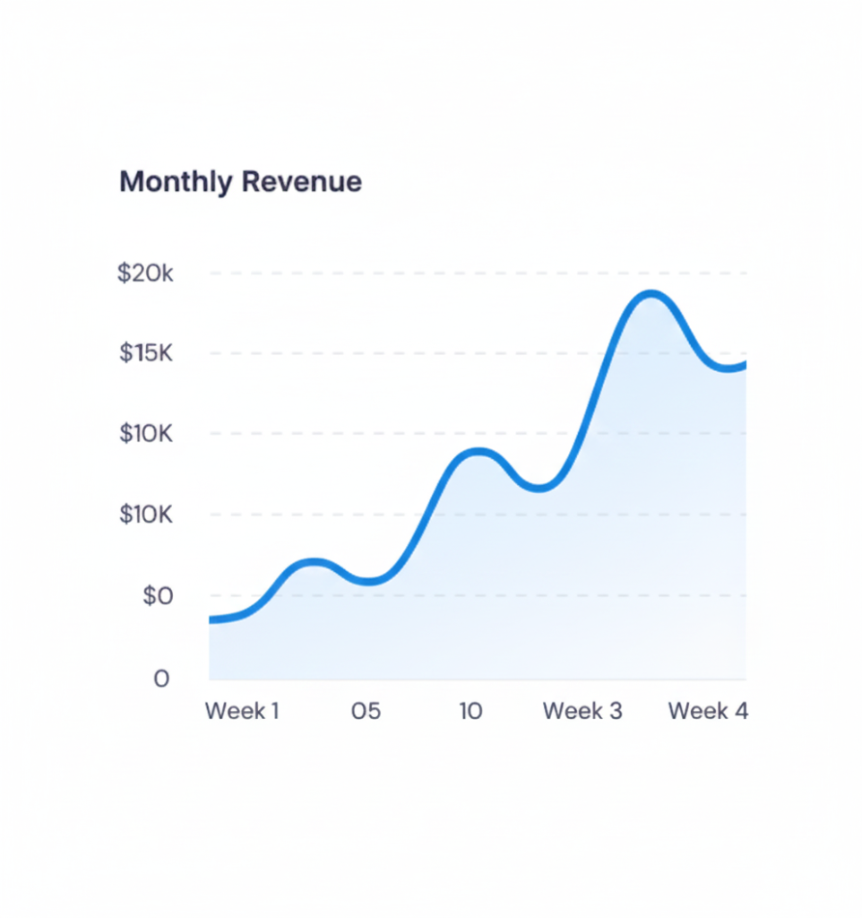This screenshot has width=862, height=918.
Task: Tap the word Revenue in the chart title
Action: coord(302,182)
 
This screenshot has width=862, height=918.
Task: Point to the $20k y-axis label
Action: coord(145,273)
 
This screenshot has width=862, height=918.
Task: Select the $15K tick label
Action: coord(145,353)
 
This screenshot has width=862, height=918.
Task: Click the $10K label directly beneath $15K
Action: coord(145,434)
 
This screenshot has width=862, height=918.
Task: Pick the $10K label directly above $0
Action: coord(145,515)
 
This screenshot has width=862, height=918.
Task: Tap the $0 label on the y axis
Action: coord(157,596)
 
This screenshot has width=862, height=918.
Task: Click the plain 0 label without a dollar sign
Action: coord(161,679)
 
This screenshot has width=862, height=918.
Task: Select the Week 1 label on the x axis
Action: coord(242,712)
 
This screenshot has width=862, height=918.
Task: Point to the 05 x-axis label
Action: coord(366,712)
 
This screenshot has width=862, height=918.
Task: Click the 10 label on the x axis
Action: coord(471,712)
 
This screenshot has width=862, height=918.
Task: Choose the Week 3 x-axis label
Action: coord(582,712)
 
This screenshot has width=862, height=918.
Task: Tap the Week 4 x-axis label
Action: coord(708,712)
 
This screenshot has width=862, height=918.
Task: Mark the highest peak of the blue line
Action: coord(651,295)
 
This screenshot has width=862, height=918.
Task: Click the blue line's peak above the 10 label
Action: coord(479,452)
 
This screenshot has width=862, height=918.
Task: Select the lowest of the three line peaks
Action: coord(314,563)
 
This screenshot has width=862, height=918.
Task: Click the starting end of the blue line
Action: coord(211,619)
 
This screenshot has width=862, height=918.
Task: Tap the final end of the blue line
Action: coord(744,364)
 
